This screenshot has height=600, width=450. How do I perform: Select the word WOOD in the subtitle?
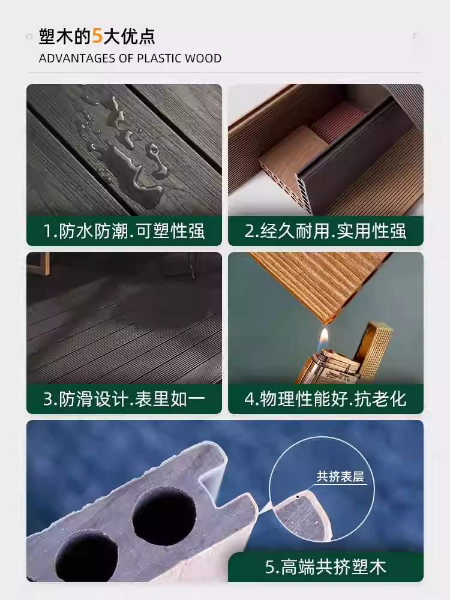click(203, 59)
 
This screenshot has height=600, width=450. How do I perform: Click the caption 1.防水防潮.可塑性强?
click(124, 231)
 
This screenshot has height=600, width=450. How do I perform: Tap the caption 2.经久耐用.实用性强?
click(326, 231)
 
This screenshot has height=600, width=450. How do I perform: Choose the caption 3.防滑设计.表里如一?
click(124, 399)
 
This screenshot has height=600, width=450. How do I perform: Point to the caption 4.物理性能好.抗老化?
click(326, 399)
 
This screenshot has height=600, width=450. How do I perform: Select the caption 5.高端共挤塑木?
click(326, 567)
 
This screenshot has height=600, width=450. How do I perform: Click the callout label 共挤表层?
click(340, 478)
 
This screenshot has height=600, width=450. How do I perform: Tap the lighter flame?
click(324, 337)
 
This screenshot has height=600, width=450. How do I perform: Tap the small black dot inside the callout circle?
click(298, 497)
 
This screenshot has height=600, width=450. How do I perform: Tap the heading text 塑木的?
click(64, 36)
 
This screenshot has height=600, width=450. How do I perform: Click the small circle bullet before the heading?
click(29, 37)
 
